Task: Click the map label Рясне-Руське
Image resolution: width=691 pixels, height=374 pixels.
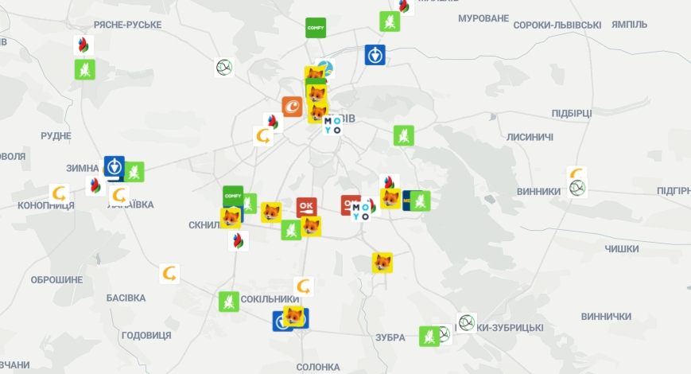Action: (127, 25)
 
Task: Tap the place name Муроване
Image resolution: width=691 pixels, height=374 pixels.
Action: (483, 18)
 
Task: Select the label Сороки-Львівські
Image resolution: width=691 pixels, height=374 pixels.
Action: (557, 25)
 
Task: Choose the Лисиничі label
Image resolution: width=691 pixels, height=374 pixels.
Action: (530, 137)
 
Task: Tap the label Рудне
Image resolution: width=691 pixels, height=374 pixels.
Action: (56, 136)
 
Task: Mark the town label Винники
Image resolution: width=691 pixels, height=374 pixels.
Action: (538, 191)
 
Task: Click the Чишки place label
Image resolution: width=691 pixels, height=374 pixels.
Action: (621, 249)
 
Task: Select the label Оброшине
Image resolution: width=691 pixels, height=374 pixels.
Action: (56, 280)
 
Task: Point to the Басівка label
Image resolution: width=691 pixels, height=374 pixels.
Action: (126, 298)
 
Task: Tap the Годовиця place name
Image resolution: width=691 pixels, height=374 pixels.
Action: (146, 335)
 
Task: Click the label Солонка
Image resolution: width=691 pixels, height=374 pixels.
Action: (317, 367)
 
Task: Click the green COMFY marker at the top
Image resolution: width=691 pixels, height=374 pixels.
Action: (316, 28)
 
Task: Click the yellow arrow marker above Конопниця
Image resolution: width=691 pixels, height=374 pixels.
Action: (59, 193)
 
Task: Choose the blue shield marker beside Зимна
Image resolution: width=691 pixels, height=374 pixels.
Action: (114, 166)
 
